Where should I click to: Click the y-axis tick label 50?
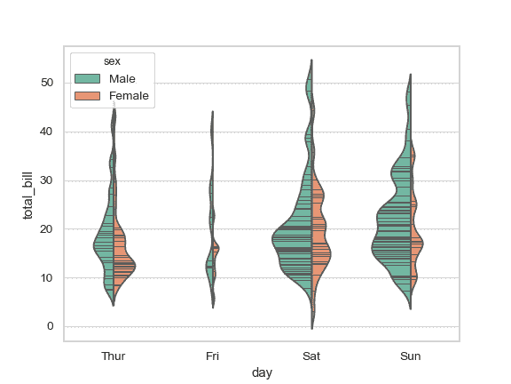click(x=46, y=83)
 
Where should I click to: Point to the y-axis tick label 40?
click(x=46, y=132)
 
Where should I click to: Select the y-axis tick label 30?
click(x=46, y=180)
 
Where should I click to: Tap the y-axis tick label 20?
click(x=46, y=229)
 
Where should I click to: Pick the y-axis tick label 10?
click(x=46, y=278)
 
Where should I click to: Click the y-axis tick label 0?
click(x=50, y=327)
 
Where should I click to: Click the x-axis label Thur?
click(x=114, y=356)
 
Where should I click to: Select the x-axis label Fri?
click(x=212, y=356)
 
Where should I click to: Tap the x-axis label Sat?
click(x=311, y=356)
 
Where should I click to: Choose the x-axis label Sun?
click(x=411, y=356)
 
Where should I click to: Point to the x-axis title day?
click(x=262, y=373)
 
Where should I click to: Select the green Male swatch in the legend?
click(x=88, y=79)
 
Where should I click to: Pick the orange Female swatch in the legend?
click(x=88, y=96)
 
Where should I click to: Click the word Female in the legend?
click(x=129, y=96)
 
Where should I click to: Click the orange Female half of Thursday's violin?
click(x=122, y=262)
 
